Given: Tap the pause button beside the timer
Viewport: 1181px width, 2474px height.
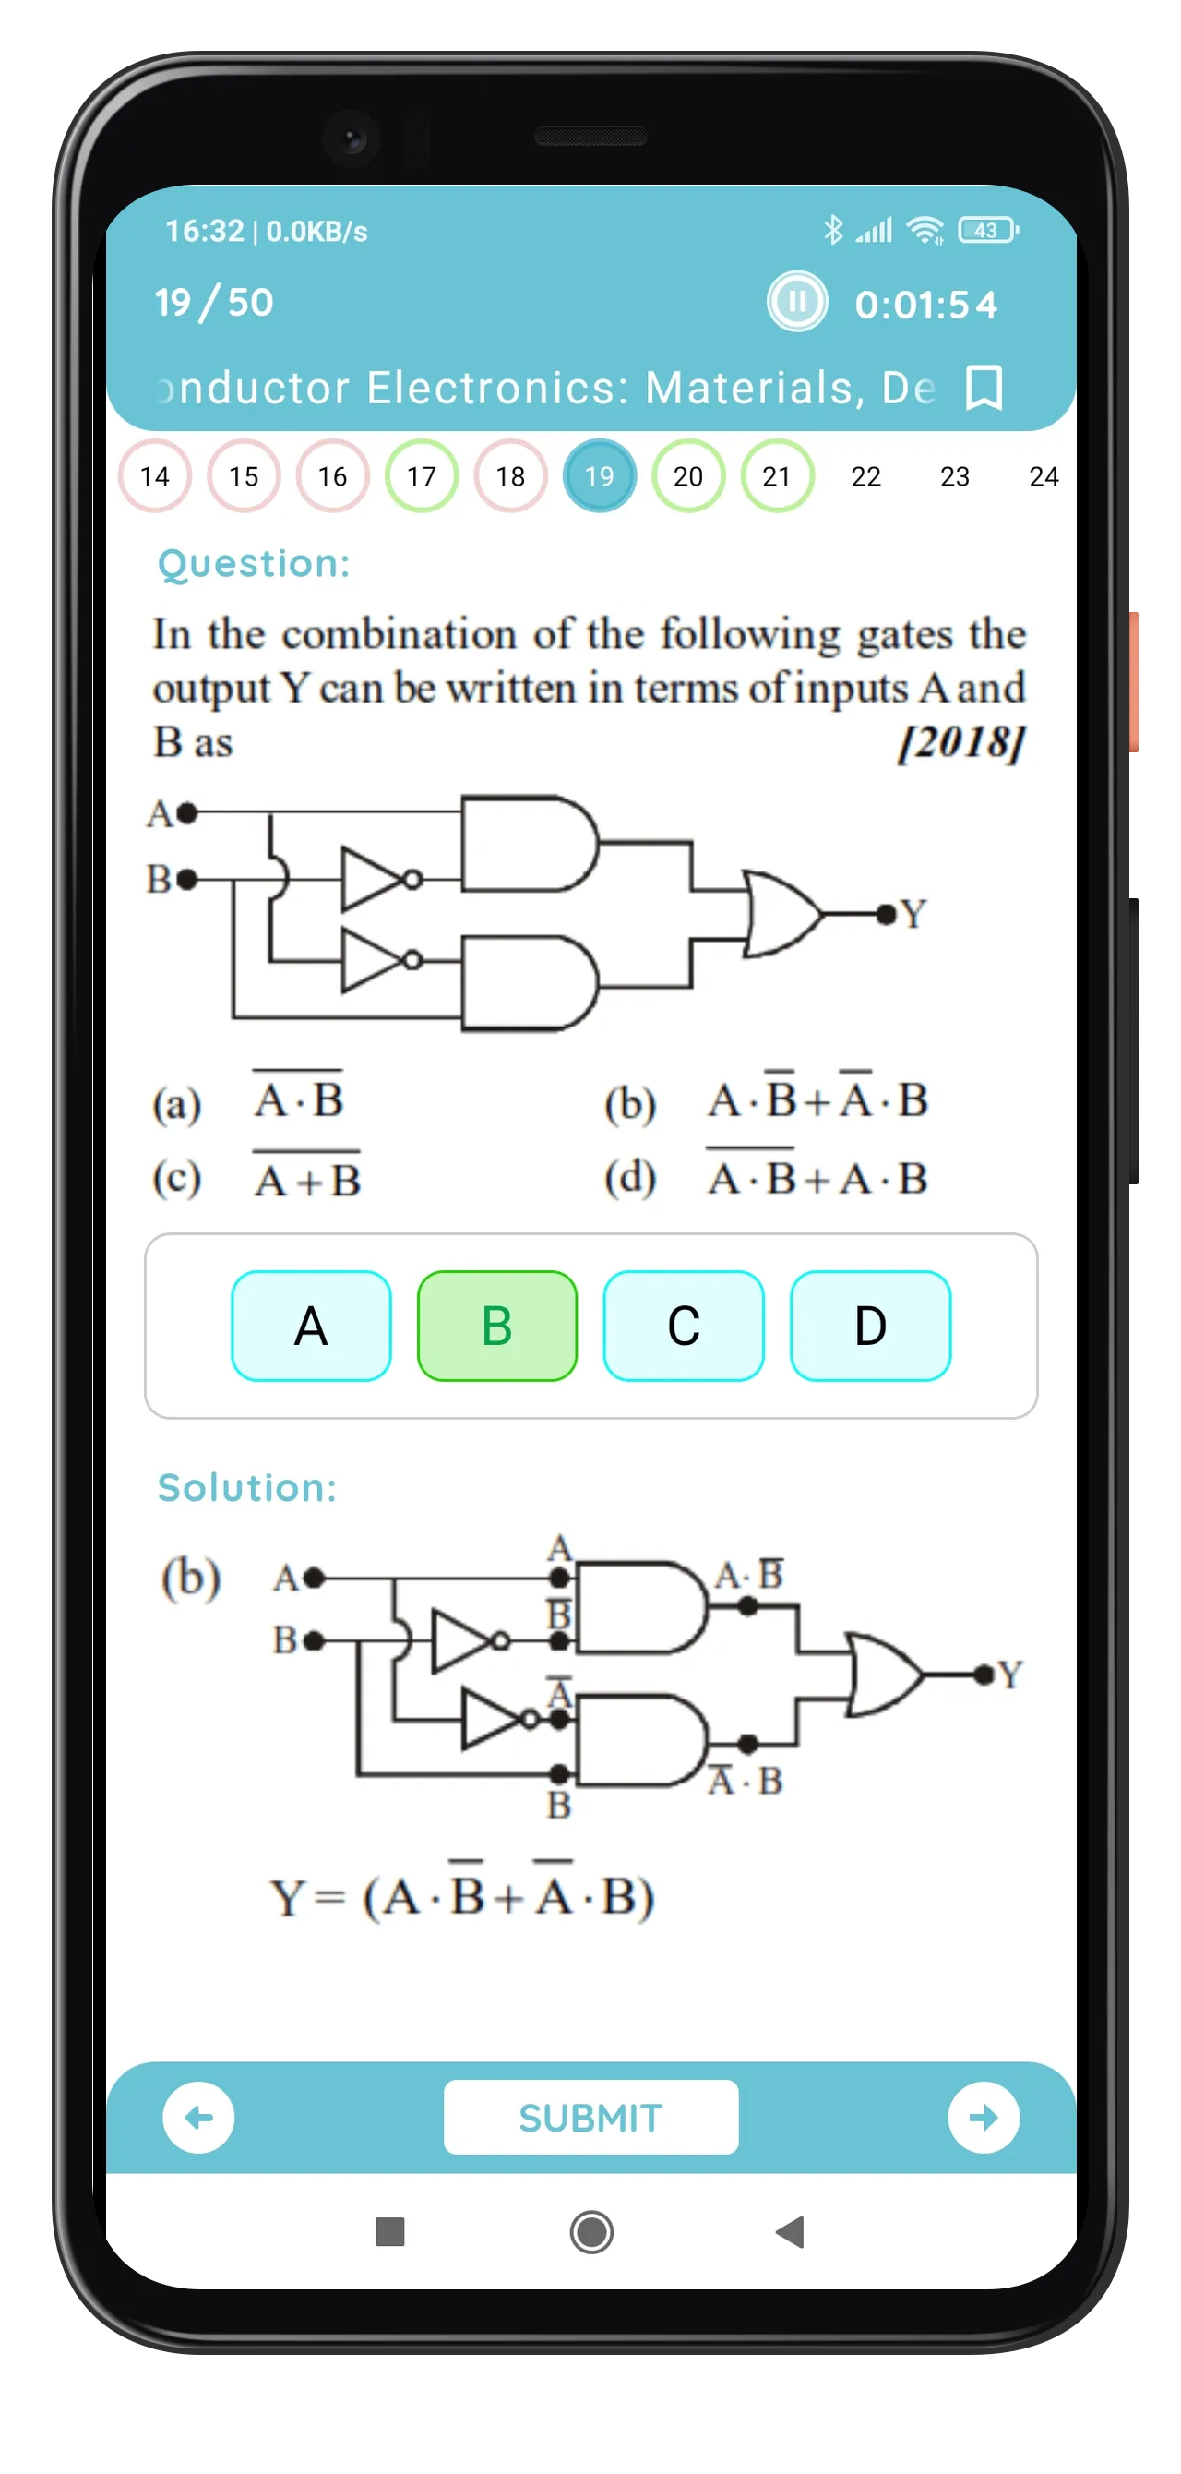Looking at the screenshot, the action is click(796, 302).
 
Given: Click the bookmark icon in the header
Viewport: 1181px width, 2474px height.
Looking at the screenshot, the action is click(984, 387).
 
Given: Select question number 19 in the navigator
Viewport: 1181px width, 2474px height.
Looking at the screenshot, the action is click(599, 475).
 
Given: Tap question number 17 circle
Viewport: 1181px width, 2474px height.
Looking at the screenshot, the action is click(422, 475).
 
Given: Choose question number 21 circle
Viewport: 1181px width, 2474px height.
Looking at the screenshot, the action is click(777, 475).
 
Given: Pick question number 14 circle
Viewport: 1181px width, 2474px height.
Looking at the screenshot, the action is click(155, 475).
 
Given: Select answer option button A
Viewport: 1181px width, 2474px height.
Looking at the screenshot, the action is click(311, 1326).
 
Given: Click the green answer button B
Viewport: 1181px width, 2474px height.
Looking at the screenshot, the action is click(497, 1326).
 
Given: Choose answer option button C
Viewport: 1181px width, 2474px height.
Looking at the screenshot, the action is click(684, 1326).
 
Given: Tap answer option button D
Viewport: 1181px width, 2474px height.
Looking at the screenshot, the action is click(870, 1326).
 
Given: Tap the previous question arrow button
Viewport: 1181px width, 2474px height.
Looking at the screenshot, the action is click(198, 2117).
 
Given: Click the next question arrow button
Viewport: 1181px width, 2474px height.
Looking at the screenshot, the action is click(984, 2117).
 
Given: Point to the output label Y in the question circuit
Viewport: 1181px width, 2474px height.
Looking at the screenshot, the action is click(913, 913).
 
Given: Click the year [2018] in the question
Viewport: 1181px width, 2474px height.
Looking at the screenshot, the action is click(961, 741).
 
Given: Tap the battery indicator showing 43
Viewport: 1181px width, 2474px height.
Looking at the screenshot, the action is click(988, 231).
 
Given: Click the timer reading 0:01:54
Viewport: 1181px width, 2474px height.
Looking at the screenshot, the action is click(925, 305).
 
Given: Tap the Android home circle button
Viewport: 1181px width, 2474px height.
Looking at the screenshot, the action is click(591, 2232).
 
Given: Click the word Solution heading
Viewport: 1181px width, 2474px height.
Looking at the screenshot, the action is click(246, 1488).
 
